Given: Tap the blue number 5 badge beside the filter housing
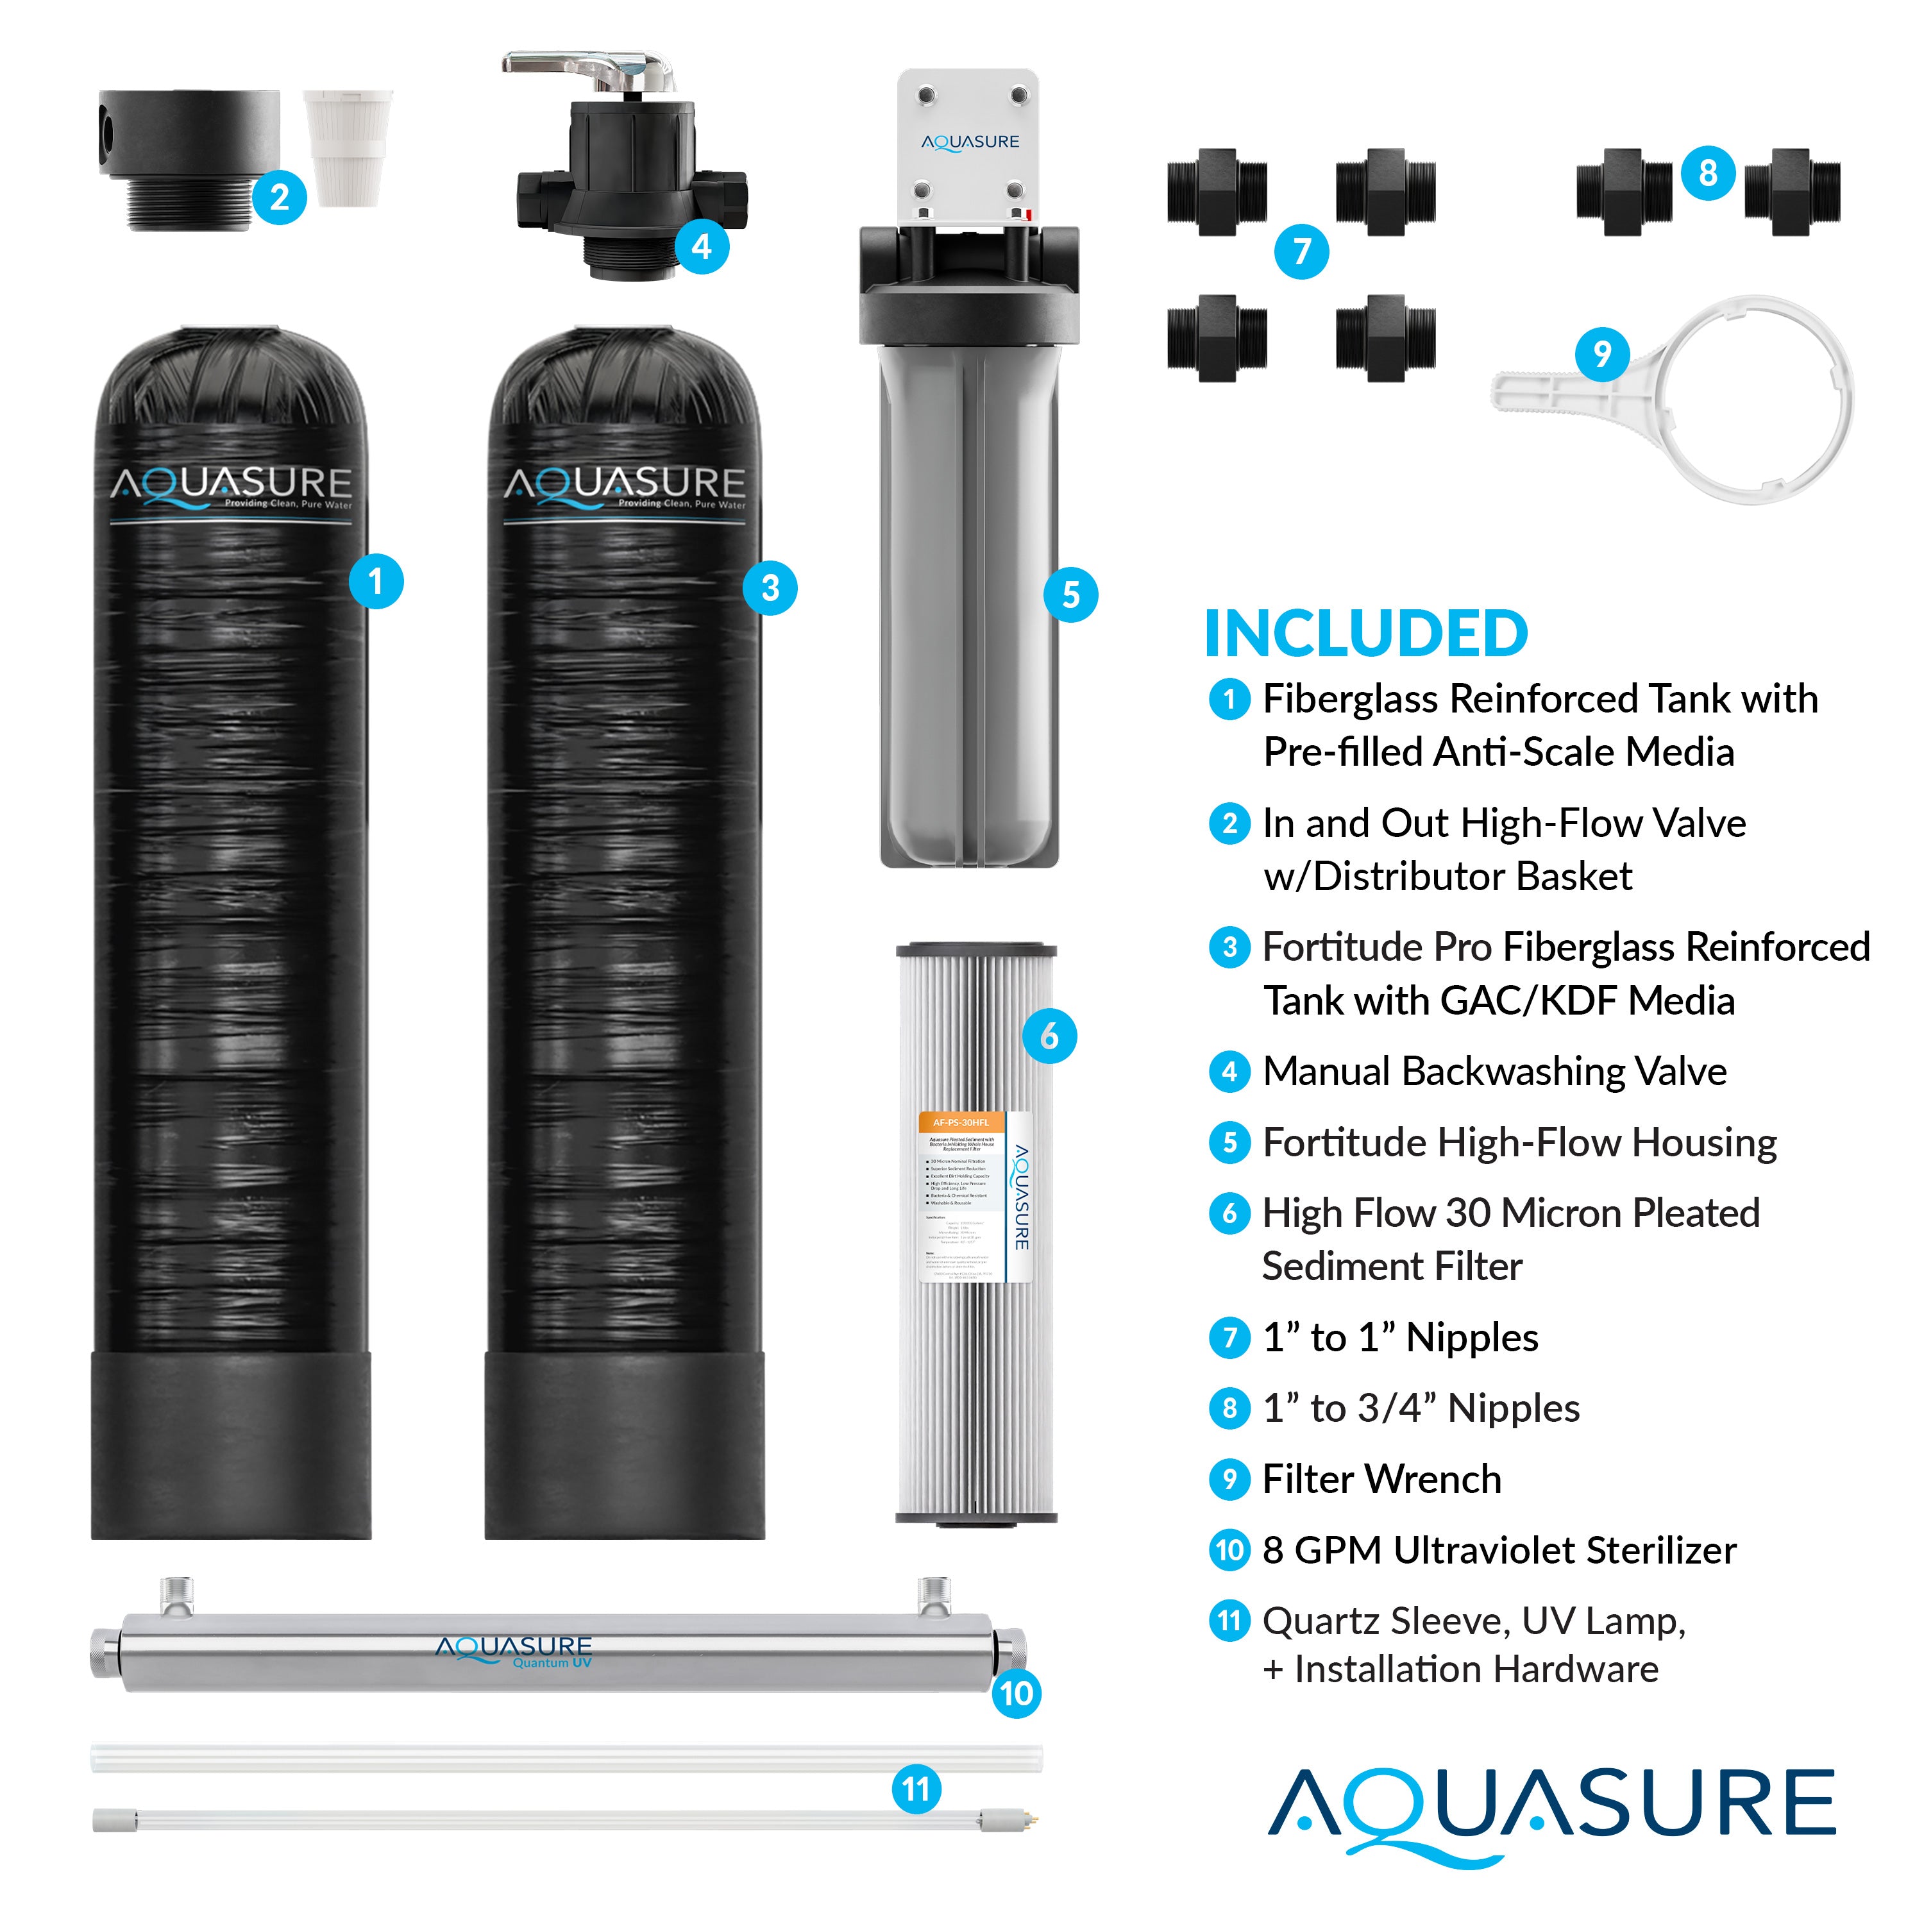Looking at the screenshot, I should tap(1070, 596).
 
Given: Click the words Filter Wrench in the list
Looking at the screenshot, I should tap(1381, 1480).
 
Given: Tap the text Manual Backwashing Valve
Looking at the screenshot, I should tap(1494, 1072).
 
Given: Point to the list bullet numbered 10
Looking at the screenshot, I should tap(1229, 1551).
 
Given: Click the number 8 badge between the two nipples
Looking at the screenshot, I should tap(1708, 173).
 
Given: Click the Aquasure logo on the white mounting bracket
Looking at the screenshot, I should tap(969, 142).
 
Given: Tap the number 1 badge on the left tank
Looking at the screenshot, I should tap(375, 582).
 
